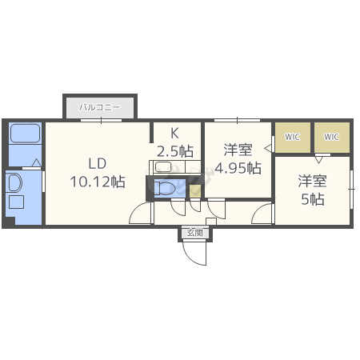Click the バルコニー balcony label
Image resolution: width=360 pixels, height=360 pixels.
tap(100, 107)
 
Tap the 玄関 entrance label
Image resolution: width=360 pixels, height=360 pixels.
tap(195, 233)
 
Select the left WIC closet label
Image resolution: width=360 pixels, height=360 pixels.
tap(292, 137)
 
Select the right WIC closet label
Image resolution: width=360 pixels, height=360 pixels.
tap(331, 137)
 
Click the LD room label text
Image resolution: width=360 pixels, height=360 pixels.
tap(98, 163)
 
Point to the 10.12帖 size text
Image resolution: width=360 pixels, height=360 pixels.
tap(98, 182)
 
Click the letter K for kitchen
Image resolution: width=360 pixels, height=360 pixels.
tap(174, 133)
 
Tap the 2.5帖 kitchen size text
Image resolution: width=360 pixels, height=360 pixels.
tap(175, 151)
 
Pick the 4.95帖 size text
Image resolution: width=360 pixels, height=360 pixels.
tap(238, 168)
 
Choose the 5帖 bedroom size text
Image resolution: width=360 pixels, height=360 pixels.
tap(313, 199)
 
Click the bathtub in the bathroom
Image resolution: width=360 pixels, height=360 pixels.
tap(25, 133)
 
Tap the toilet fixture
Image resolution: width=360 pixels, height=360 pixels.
tap(165, 188)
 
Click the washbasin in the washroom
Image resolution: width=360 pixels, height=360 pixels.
tap(15, 183)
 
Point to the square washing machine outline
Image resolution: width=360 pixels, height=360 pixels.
tap(17, 202)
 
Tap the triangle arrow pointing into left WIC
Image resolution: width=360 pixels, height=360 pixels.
tap(269, 148)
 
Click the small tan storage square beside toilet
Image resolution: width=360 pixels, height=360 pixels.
tap(195, 191)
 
